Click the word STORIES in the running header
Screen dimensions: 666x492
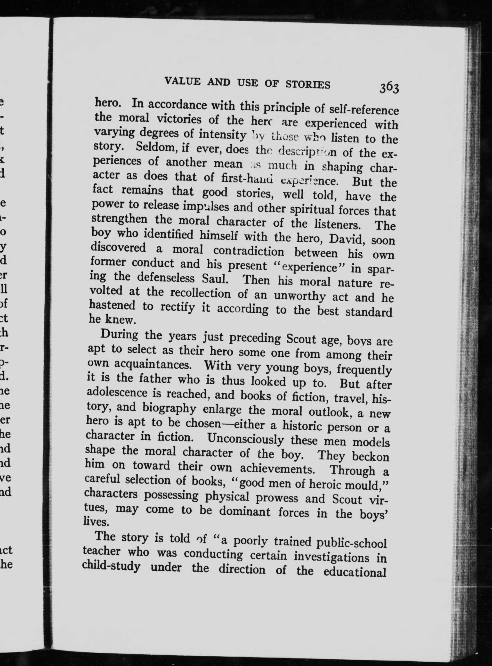[308, 84]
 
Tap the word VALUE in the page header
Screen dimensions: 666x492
[183, 81]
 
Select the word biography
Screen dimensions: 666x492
[169, 408]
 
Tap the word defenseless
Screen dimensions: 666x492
[165, 277]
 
